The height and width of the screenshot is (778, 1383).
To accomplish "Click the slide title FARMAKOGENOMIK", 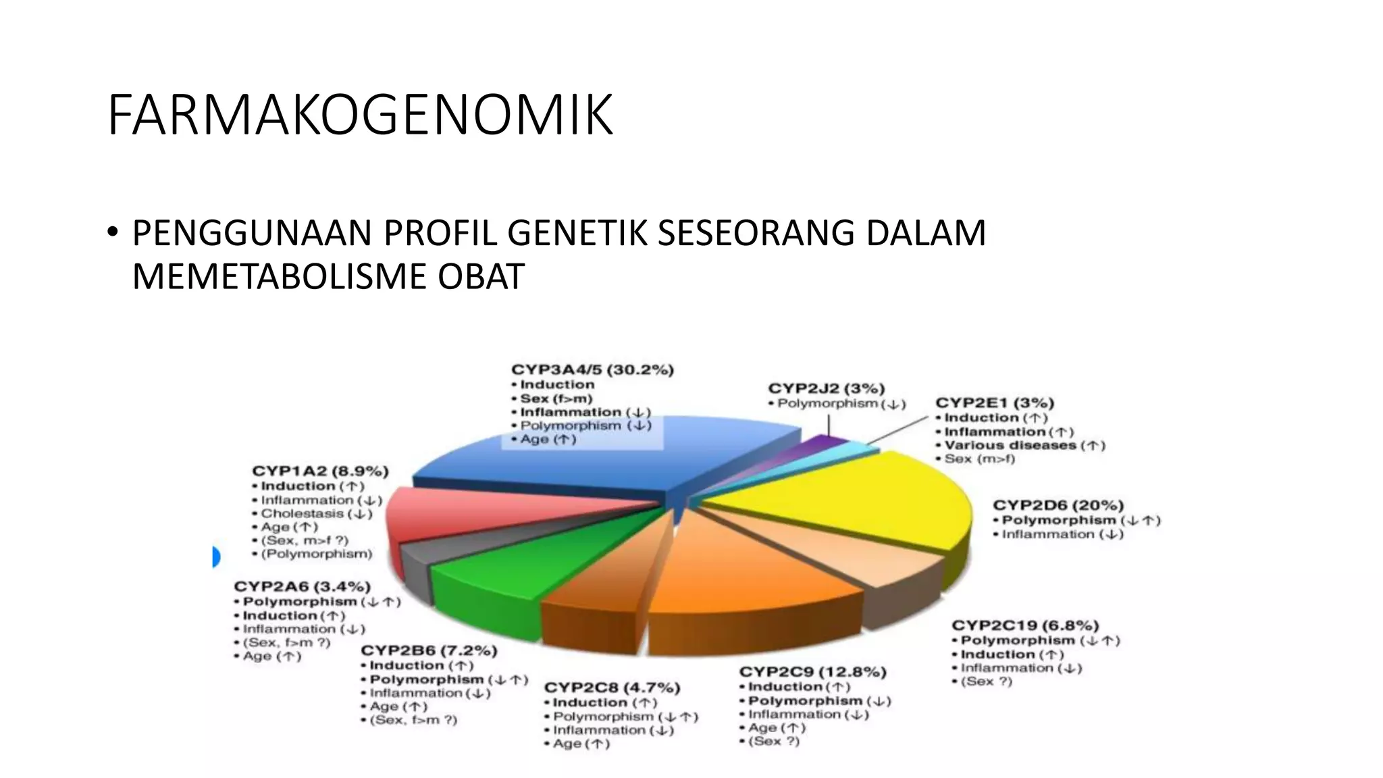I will pyautogui.click(x=359, y=115).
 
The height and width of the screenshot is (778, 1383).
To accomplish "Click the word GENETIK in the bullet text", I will pyautogui.click(x=578, y=233).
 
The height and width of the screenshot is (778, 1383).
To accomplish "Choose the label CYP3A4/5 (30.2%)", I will pyautogui.click(x=592, y=370).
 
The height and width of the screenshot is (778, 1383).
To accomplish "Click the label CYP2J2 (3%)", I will pyautogui.click(x=827, y=388).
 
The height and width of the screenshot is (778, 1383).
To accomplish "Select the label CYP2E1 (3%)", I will pyautogui.click(x=994, y=403).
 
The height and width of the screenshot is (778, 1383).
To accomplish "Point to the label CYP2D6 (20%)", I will pyautogui.click(x=1058, y=505).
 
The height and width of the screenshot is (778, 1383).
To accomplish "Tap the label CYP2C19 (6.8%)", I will pyautogui.click(x=1025, y=625).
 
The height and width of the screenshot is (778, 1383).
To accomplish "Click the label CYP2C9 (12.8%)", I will pyautogui.click(x=812, y=672).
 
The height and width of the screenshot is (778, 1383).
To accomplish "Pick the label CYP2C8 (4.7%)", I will pyautogui.click(x=612, y=688).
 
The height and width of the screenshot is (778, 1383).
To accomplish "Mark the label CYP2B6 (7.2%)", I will pyautogui.click(x=429, y=650).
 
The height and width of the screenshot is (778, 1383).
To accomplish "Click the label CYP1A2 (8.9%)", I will pyautogui.click(x=320, y=471).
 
